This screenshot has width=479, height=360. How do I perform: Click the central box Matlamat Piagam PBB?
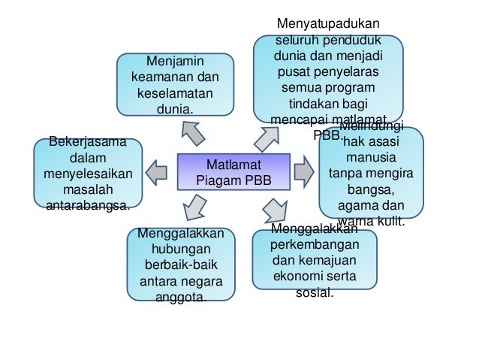tap(232, 172)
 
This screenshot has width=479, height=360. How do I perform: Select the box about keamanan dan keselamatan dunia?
tap(174, 84)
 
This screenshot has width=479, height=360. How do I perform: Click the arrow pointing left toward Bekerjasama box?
tap(157, 171)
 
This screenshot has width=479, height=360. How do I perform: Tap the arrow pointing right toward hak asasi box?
tap(303, 170)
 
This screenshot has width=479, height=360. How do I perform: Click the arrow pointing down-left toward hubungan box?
tap(194, 206)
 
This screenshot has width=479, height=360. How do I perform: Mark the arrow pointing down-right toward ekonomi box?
tap(274, 207)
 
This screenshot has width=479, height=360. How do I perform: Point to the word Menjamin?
tap(174, 60)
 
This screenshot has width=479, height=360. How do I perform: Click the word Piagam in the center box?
tap(218, 180)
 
